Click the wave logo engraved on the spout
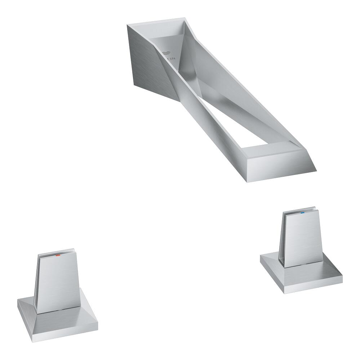point(166,52)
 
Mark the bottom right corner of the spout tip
point(316,170)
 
